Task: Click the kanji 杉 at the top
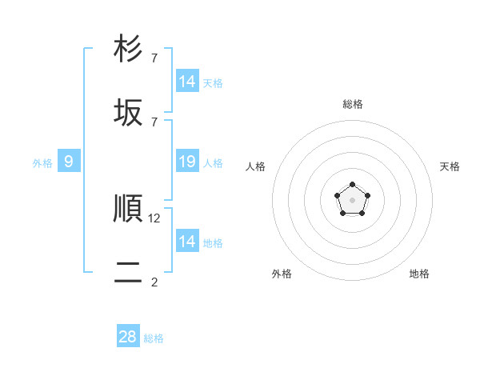coord(128,49)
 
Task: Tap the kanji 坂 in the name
coord(128,112)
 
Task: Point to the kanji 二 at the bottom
coord(128,272)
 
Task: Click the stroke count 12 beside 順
coord(155,218)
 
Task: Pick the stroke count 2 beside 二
coord(154,282)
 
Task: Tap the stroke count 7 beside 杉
coord(154,58)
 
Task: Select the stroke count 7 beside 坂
coord(154,122)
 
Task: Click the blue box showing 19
coord(187,162)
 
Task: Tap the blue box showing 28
coord(128,337)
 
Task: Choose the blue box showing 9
coord(69,162)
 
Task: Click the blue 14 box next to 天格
coord(187,82)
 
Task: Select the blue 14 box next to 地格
coord(187,242)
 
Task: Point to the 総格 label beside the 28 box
coord(154,338)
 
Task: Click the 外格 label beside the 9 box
coord(42,163)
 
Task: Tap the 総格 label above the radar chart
coord(352,104)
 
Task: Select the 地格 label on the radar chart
coord(419,274)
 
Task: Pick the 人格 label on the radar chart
coord(256,166)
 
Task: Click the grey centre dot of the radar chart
coord(352,200)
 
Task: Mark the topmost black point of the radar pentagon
coord(352,186)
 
